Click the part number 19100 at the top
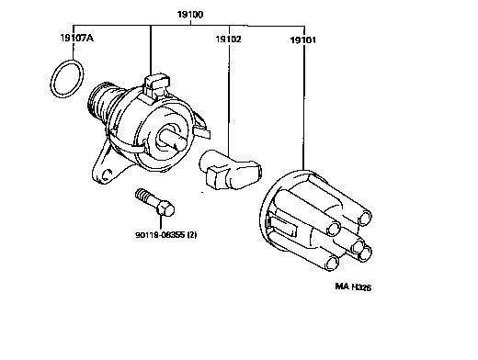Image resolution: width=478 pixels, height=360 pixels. pos(190,15)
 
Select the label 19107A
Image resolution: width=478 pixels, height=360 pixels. pos(77,38)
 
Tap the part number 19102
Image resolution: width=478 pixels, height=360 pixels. pos(229,39)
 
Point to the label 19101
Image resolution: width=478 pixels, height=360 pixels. pos(303,40)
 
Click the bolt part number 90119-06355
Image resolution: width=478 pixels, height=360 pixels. pos(160,235)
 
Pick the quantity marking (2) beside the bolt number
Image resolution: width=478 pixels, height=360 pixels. pos(192,235)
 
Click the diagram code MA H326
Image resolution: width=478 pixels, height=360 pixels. pos(353,287)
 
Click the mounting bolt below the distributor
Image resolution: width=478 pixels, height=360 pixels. pos(154,202)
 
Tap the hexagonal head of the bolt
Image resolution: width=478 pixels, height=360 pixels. pos(165,208)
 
